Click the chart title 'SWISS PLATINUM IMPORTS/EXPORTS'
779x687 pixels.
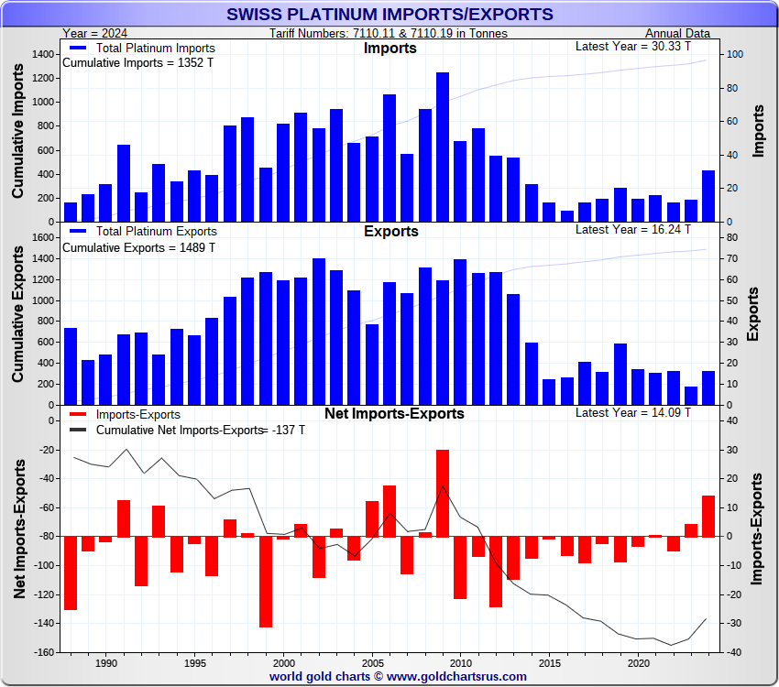(389, 14)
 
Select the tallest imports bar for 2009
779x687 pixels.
(443, 147)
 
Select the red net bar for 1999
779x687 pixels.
(266, 582)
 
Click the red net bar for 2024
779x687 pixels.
(708, 516)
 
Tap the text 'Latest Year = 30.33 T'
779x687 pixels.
(633, 46)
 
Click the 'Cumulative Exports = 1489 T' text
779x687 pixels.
(138, 247)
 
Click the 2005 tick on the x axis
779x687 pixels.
(372, 662)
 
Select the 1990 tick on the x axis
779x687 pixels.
(106, 662)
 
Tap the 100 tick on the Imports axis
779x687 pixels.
(734, 55)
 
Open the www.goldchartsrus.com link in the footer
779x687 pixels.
(458, 676)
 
